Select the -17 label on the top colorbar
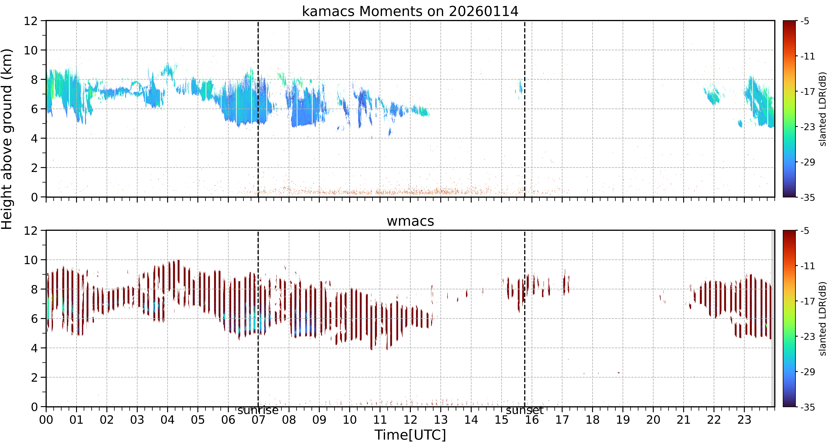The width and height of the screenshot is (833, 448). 808,92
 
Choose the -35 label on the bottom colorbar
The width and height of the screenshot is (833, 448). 808,407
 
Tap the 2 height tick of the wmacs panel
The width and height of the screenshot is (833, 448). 34,378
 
